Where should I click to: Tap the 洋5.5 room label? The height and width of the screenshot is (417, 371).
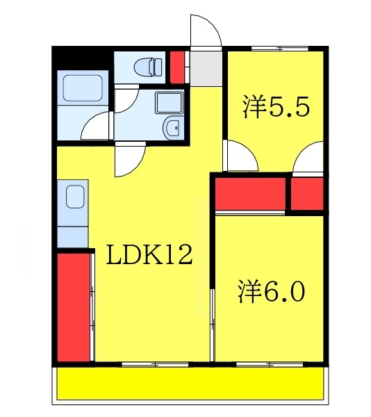[x=275, y=108]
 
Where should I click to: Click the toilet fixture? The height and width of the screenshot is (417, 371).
[x=148, y=67]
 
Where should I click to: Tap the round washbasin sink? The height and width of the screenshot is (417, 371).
[x=172, y=127]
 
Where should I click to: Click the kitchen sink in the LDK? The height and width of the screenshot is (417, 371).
[x=74, y=198]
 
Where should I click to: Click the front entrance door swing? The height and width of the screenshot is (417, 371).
[x=206, y=31]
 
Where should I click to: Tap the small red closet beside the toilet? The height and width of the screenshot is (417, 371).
[x=177, y=65]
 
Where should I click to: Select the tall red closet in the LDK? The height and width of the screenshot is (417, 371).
[x=74, y=306]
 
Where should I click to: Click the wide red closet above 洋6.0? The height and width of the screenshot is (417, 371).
[x=251, y=194]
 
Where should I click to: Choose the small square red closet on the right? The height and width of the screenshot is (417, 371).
[x=306, y=194]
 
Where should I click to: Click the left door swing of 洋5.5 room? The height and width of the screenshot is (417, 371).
[x=240, y=156]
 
